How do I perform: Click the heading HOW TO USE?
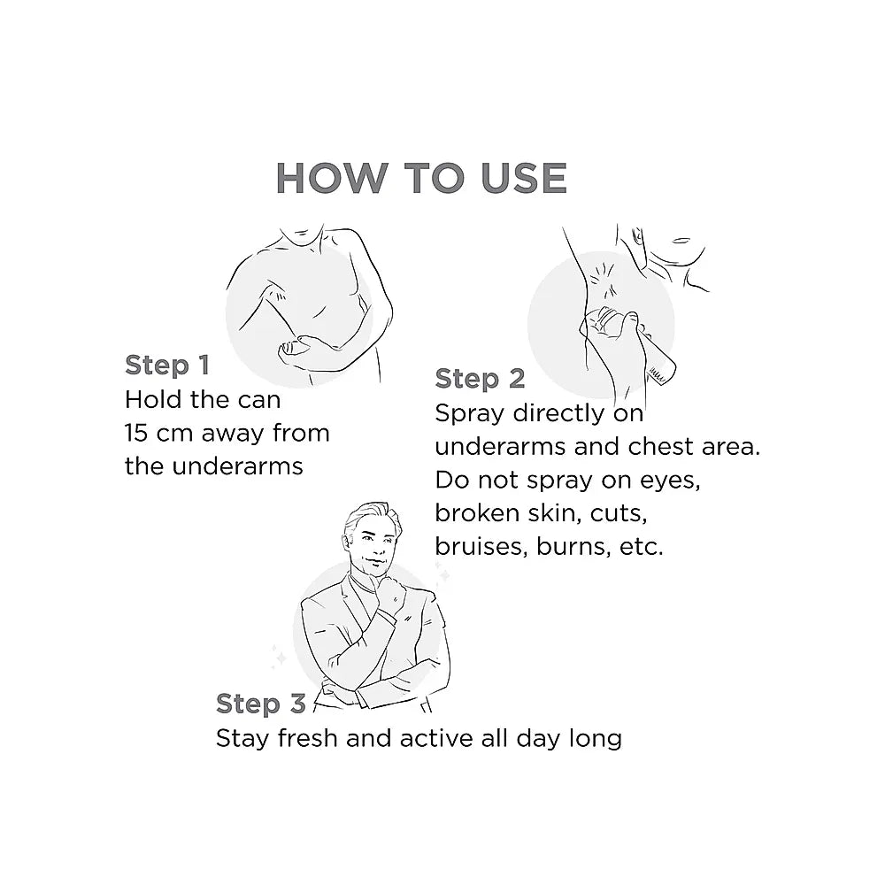click(421, 179)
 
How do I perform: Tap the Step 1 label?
click(167, 366)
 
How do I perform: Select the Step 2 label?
click(480, 379)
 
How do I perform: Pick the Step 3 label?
click(261, 704)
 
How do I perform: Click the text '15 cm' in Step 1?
click(158, 433)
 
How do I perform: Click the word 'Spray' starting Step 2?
click(470, 414)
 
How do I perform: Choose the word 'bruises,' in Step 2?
click(481, 546)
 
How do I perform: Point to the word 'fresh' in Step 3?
click(308, 738)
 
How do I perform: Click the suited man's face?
click(373, 543)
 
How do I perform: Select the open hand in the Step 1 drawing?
click(295, 349)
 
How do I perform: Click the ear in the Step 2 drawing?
click(637, 237)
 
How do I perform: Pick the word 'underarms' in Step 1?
click(237, 466)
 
